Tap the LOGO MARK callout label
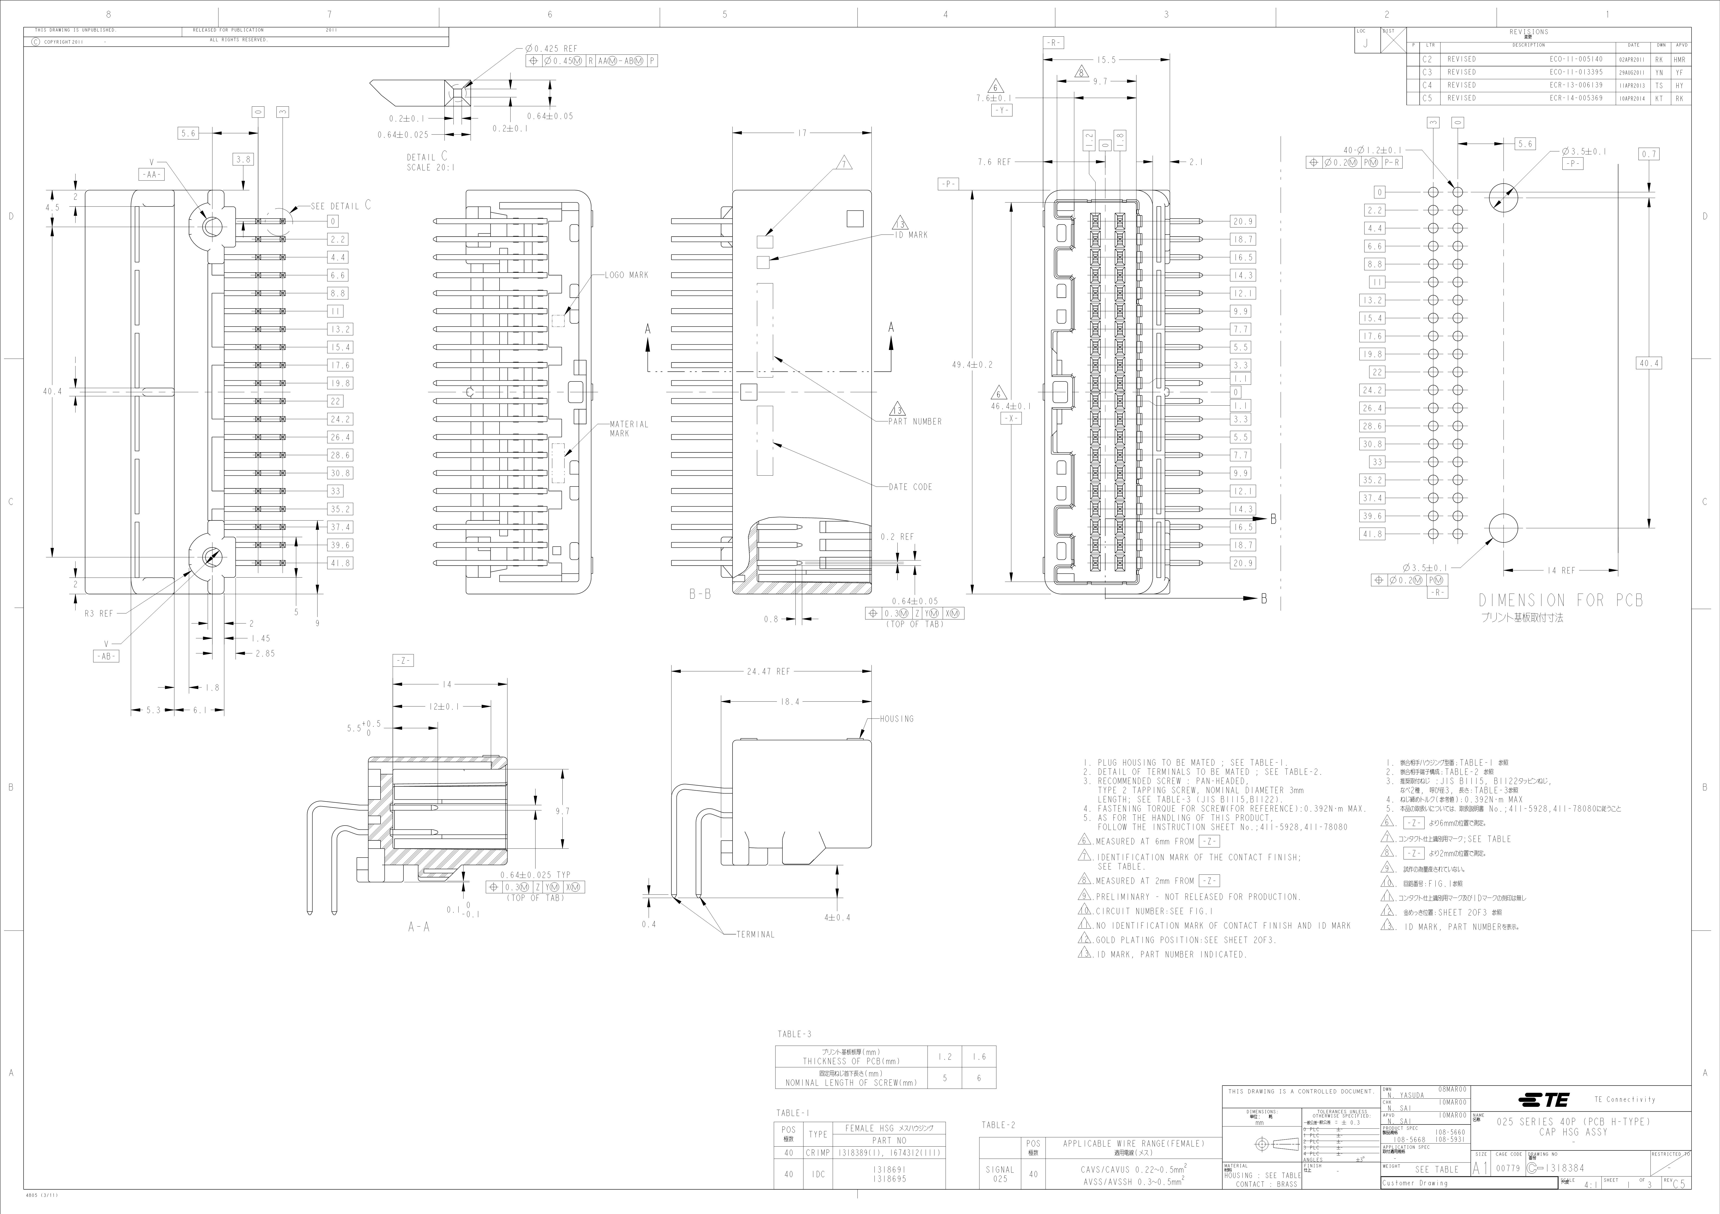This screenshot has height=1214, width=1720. [x=628, y=275]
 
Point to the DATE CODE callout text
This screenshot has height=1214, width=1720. [x=910, y=487]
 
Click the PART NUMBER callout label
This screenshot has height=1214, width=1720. [x=915, y=422]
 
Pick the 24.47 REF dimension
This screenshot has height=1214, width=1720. [x=768, y=672]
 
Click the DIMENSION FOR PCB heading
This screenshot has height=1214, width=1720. [x=1560, y=601]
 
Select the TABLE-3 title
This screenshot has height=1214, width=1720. [x=794, y=1034]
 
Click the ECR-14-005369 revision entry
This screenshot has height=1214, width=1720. [x=1576, y=98]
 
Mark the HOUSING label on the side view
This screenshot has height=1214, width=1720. [x=897, y=719]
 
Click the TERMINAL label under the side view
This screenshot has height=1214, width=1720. [x=755, y=935]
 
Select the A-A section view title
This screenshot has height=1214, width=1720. [x=419, y=927]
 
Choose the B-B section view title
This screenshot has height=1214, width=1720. [x=700, y=594]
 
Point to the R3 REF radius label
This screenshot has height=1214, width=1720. [x=98, y=613]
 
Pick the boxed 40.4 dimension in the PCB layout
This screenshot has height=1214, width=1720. [x=1649, y=363]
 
